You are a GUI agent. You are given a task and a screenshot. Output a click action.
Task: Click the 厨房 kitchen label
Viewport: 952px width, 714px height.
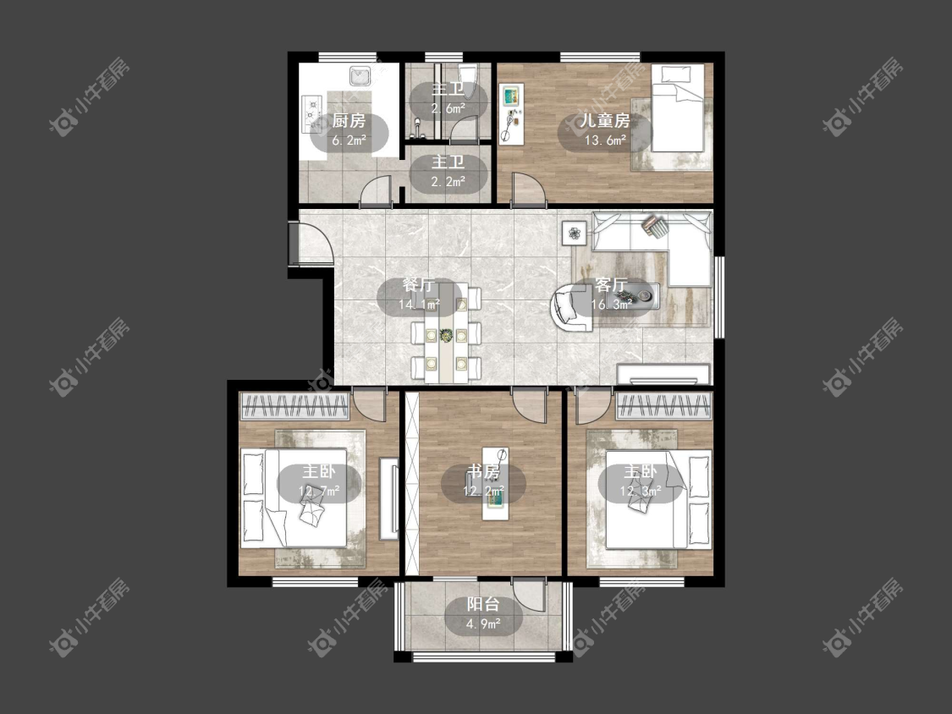pyautogui.click(x=349, y=121)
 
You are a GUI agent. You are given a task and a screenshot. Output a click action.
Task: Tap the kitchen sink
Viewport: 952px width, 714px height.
pyautogui.click(x=360, y=76)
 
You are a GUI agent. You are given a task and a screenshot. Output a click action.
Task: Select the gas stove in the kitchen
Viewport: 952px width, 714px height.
pyautogui.click(x=311, y=113)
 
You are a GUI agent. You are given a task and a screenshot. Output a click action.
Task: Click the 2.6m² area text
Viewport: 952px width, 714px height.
pyautogui.click(x=448, y=108)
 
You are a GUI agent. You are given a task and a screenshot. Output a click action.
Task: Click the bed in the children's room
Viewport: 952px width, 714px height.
pyautogui.click(x=678, y=108)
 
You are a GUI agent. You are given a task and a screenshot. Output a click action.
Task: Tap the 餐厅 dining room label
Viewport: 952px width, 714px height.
pyautogui.click(x=419, y=285)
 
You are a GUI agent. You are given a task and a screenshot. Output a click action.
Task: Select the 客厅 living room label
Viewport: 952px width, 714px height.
pyautogui.click(x=611, y=285)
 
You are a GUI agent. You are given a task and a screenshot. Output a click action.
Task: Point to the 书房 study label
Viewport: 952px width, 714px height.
pyautogui.click(x=483, y=471)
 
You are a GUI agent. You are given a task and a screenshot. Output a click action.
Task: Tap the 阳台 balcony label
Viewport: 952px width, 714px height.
pyautogui.click(x=483, y=604)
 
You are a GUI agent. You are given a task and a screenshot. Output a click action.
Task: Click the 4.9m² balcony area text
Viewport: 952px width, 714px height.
pyautogui.click(x=483, y=623)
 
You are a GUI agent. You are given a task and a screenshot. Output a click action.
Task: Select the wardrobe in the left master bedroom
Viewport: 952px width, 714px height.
pyautogui.click(x=295, y=405)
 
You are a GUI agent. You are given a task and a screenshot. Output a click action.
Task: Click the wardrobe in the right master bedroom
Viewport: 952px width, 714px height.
pyautogui.click(x=663, y=405)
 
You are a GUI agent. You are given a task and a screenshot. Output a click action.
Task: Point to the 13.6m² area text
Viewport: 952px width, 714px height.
pyautogui.click(x=605, y=140)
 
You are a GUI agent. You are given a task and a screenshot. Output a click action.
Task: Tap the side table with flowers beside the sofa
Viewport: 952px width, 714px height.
pyautogui.click(x=574, y=233)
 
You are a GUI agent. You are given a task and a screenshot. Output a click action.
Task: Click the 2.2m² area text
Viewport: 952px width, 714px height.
pyautogui.click(x=448, y=181)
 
